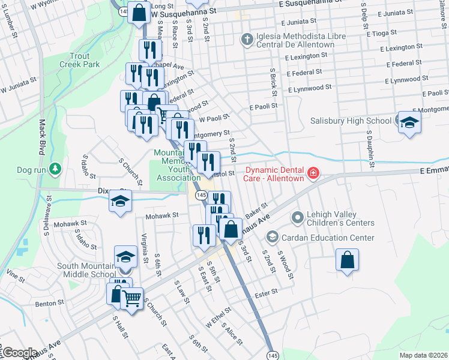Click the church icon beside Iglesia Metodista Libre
246,40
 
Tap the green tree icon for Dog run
55,169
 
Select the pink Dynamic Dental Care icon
313,174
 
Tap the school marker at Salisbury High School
409,122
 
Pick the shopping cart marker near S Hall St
132,297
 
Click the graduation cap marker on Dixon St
121,201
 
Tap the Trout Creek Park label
80,60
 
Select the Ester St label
267,292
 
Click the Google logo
20,353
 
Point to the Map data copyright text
423,355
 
